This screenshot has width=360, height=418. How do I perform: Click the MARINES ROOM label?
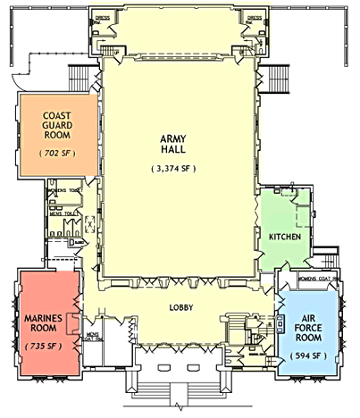(40, 320)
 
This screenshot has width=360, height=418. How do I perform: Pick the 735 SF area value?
(40, 344)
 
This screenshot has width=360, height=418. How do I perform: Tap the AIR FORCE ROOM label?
(308, 328)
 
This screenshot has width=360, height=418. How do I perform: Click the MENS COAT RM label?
(94, 338)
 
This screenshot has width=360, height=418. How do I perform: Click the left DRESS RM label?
(103, 19)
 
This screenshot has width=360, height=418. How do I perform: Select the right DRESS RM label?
(254, 19)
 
